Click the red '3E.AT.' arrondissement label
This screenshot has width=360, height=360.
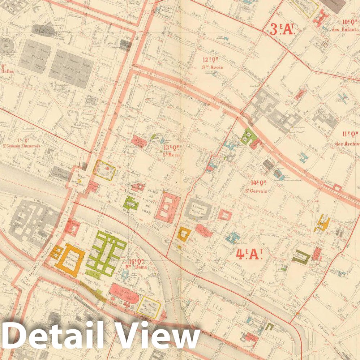(283, 28)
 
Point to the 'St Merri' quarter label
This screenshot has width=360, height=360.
(172, 154)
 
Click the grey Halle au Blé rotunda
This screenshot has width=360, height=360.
(5, 46)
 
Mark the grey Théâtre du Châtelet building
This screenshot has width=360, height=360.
(60, 173)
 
